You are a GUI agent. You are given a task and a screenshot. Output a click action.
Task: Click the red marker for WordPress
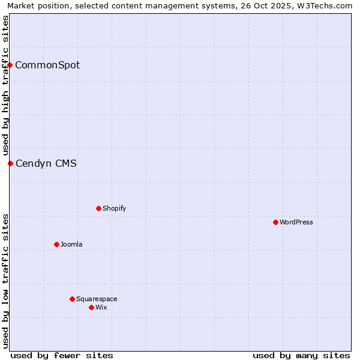click(x=275, y=222)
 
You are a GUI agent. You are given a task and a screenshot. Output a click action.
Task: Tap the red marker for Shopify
click(x=98, y=208)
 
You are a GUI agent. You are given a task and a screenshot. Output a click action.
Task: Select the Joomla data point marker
click(x=56, y=244)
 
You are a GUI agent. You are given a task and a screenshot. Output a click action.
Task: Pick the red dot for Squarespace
click(x=72, y=299)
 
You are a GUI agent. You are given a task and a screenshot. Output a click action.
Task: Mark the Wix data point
click(x=91, y=307)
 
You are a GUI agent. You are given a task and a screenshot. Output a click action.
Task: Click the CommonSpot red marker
click(x=10, y=65)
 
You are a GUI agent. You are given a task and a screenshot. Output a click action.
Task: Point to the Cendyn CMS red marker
click(x=10, y=163)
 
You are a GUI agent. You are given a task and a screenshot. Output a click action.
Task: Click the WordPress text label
click(x=296, y=222)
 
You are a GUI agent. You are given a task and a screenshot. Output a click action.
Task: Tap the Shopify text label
click(x=114, y=208)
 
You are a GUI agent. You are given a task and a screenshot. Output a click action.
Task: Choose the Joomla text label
click(x=71, y=244)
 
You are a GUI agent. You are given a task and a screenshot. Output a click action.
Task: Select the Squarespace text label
click(x=97, y=299)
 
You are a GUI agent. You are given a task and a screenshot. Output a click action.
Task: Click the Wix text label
click(x=101, y=307)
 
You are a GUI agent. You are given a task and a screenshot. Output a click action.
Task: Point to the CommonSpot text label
click(x=47, y=65)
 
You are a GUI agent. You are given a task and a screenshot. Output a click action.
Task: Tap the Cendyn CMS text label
click(x=46, y=163)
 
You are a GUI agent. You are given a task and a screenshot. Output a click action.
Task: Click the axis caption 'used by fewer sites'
click(x=62, y=355)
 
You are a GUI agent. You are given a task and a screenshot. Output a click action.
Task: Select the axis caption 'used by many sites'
click(x=301, y=355)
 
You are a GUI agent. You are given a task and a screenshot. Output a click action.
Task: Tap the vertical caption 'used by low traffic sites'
click(x=5, y=281)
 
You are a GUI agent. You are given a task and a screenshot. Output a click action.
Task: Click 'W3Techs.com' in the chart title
click(x=328, y=5)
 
